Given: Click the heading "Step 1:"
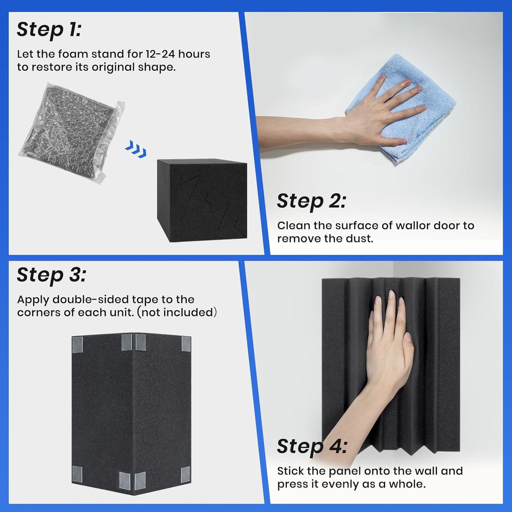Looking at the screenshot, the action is coord(49,29).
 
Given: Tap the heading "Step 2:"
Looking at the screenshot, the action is coord(311,201).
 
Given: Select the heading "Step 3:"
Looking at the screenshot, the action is coord(51,275).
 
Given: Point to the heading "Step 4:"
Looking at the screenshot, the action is coord(312,446).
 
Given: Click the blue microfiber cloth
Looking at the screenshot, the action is coord(399,108).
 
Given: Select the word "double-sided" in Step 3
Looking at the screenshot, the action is coord(91,299).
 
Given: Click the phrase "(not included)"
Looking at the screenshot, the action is coord(177,313).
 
